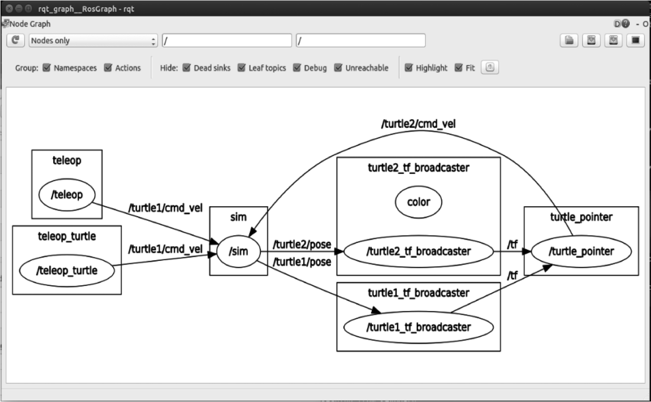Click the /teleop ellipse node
[x=67, y=195]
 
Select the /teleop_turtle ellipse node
[x=67, y=271]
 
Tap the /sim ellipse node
[x=239, y=251]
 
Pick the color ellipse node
[x=419, y=202]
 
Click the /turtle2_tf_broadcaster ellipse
[x=419, y=251]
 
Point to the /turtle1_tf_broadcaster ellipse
[x=419, y=327]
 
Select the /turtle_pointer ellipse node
[x=581, y=251]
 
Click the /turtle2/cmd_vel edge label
[x=418, y=124]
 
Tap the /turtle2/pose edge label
[x=302, y=244]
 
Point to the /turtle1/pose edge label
[x=302, y=262]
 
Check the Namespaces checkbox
[x=46, y=68]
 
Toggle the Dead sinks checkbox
[x=187, y=68]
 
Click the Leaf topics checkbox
[x=241, y=68]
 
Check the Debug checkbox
[x=297, y=68]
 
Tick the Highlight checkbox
[x=409, y=68]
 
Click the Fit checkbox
[x=458, y=68]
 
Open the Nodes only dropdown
[x=93, y=40]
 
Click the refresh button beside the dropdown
[x=16, y=40]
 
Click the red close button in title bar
[x=9, y=8]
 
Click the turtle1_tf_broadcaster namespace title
[x=419, y=293]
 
